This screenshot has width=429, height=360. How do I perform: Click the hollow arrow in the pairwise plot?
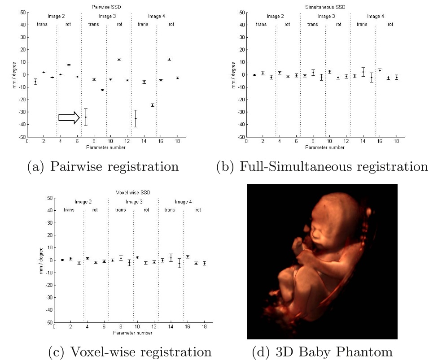pos(69,117)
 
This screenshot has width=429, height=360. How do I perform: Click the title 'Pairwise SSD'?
pos(106,6)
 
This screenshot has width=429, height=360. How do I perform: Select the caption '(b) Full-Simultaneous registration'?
pos(322,167)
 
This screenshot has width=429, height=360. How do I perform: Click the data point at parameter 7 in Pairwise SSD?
pos(86,117)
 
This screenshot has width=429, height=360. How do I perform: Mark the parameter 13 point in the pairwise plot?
pos(136,118)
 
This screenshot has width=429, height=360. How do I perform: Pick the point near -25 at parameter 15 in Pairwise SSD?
pos(153,105)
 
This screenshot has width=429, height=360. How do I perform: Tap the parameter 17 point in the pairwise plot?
pos(169,59)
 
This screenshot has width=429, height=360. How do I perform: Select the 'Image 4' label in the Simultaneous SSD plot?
pos(375,17)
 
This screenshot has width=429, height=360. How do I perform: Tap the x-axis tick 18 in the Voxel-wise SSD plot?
pos(204,326)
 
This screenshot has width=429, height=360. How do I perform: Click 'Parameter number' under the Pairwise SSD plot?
pos(106,147)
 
